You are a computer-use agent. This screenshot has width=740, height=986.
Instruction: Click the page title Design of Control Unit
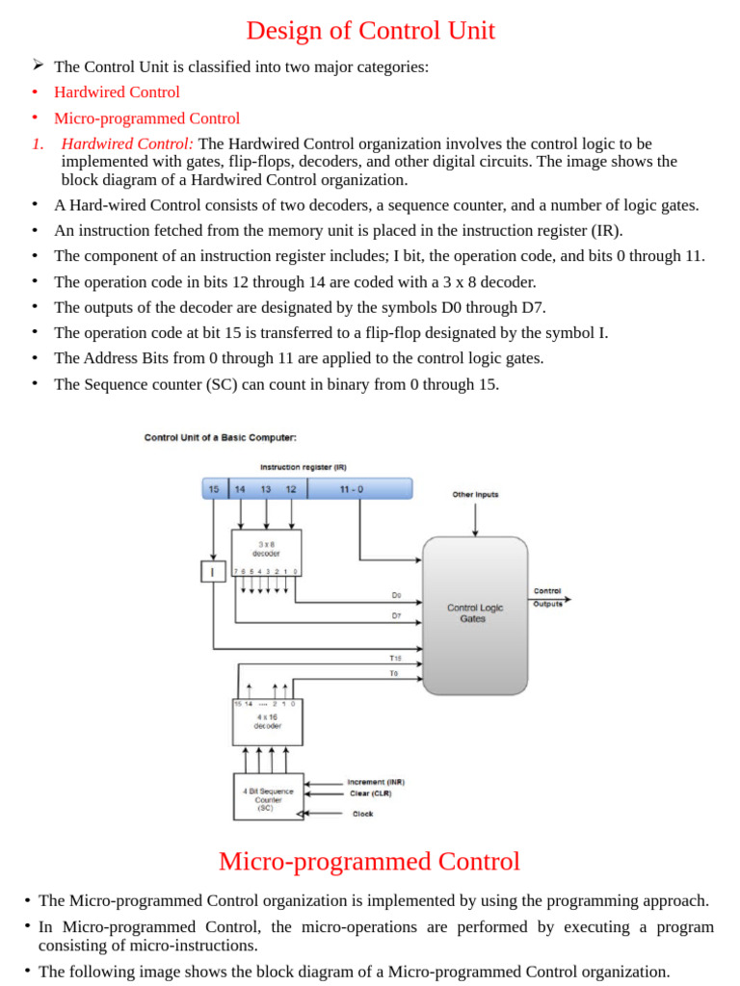(370, 31)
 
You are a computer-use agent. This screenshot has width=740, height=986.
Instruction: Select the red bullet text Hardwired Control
(117, 92)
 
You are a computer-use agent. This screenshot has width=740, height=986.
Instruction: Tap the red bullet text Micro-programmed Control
(146, 118)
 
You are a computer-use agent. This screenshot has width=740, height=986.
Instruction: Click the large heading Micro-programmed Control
(369, 861)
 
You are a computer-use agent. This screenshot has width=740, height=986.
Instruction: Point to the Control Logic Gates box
(475, 615)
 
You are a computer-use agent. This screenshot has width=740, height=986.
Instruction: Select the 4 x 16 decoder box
(267, 721)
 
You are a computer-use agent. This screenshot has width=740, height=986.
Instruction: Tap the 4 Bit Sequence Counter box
(268, 797)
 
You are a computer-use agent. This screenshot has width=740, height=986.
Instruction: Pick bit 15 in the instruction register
(214, 489)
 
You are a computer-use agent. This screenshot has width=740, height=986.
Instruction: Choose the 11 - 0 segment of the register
(352, 489)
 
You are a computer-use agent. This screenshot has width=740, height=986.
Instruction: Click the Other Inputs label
(475, 495)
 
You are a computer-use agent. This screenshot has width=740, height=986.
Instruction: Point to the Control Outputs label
(547, 597)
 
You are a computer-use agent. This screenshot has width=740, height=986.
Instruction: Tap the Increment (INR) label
(376, 782)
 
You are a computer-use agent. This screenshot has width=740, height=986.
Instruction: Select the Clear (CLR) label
(371, 793)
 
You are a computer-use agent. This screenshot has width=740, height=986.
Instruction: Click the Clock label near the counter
(362, 814)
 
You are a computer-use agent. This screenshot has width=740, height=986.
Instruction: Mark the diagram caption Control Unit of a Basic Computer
(221, 437)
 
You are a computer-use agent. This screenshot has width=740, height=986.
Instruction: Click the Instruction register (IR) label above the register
(303, 467)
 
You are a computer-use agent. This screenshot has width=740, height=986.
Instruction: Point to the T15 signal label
(395, 659)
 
